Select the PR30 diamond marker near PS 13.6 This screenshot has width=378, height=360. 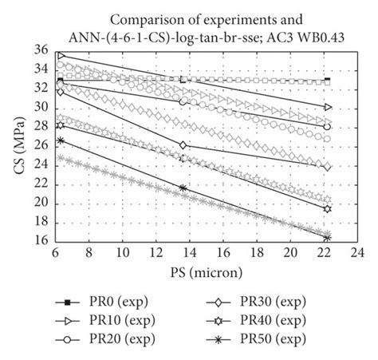click(x=183, y=144)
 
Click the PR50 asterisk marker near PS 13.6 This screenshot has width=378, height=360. click(x=183, y=188)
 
